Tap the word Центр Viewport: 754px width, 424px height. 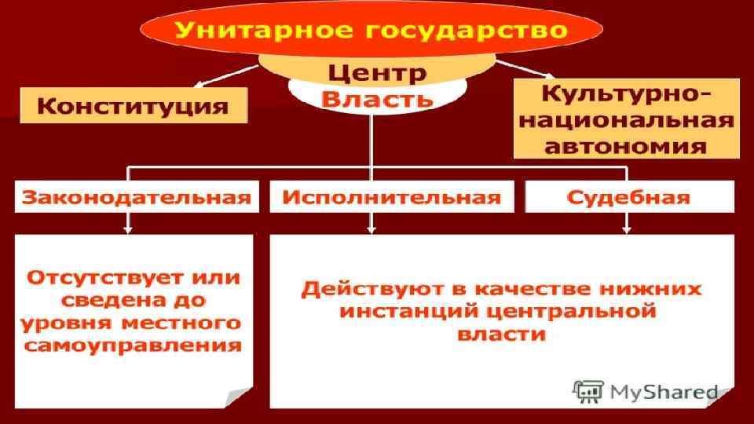[376, 75]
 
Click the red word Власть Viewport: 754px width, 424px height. [378, 101]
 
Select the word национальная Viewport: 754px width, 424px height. [626, 121]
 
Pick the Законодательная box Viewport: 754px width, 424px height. [137, 196]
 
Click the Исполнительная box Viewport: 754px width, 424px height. [391, 196]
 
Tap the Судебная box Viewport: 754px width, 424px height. [631, 196]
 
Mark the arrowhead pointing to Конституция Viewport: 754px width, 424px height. [196, 84]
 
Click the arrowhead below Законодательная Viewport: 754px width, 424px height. [128, 229]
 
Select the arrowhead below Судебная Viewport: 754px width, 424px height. [626, 229]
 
